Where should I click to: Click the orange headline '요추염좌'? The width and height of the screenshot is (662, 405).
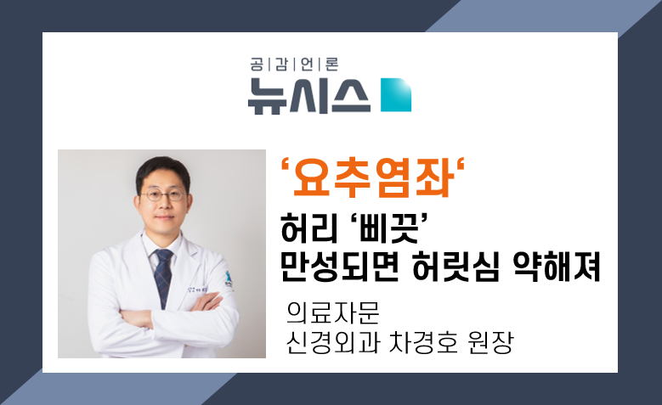pyautogui.click(x=372, y=177)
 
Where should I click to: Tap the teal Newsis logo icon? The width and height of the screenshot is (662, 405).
pyautogui.click(x=396, y=95)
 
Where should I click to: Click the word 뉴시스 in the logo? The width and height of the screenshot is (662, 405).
pyautogui.click(x=308, y=96)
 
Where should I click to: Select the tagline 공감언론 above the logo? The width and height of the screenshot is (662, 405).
pyautogui.click(x=294, y=65)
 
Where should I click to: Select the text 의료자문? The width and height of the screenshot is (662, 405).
pyautogui.click(x=333, y=312)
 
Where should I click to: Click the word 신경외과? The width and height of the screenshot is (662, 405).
pyautogui.click(x=333, y=342)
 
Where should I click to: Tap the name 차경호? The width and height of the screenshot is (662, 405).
pyautogui.click(x=423, y=342)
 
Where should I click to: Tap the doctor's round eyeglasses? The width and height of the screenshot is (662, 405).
pyautogui.click(x=162, y=195)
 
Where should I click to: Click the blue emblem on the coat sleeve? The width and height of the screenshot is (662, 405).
pyautogui.click(x=229, y=278)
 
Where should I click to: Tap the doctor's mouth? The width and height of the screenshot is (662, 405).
pyautogui.click(x=164, y=217)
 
